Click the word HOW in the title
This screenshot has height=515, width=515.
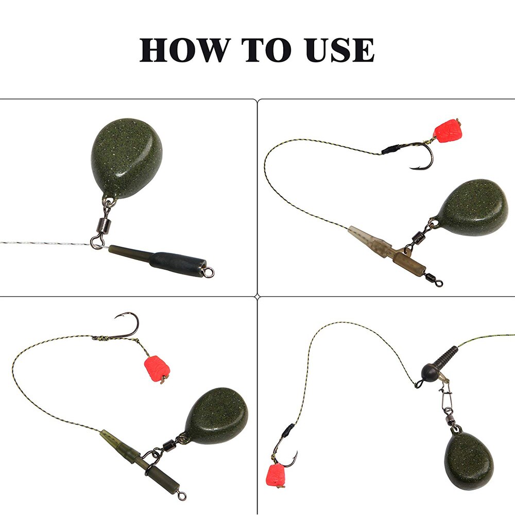(183, 50)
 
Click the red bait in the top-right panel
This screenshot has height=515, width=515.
(447, 131)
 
